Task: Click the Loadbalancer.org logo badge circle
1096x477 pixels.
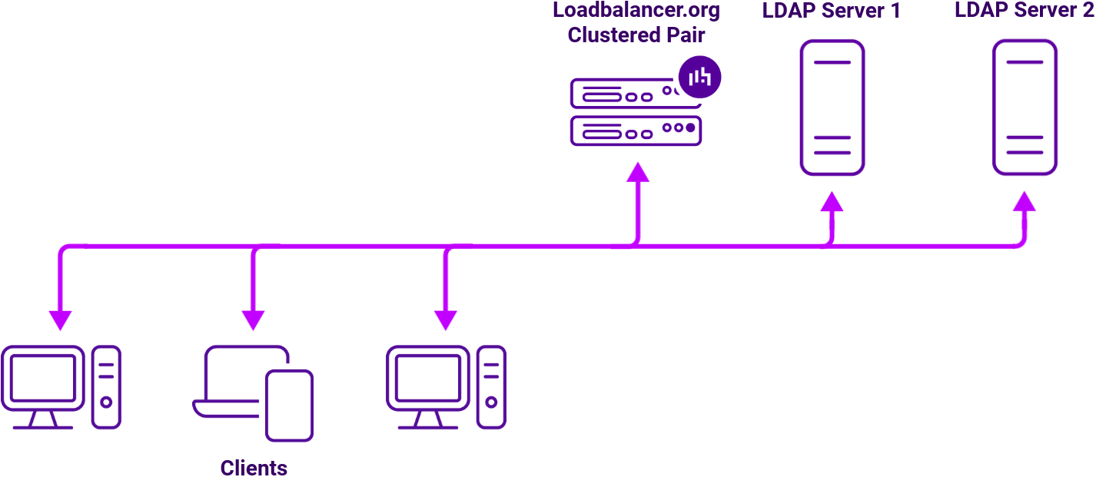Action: [x=700, y=77]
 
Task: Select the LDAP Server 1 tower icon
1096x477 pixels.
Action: [x=832, y=108]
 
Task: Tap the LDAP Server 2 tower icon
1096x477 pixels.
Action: [x=1025, y=108]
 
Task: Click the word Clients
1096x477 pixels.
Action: [x=254, y=467]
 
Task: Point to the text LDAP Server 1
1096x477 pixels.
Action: [x=831, y=12]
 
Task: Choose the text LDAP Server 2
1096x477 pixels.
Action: [x=1024, y=12]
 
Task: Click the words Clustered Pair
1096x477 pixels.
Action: [x=636, y=35]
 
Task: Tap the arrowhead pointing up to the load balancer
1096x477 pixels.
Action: [x=637, y=173]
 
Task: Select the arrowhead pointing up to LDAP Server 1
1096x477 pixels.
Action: [x=832, y=202]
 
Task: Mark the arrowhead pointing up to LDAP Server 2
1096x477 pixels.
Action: [x=1025, y=202]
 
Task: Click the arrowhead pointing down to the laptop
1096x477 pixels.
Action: [x=254, y=320]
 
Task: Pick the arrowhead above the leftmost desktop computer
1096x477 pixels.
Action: [x=61, y=320]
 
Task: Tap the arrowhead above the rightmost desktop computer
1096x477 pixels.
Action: [x=446, y=320]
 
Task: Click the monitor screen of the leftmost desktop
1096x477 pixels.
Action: [x=42, y=377]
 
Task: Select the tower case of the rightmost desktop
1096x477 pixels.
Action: [x=491, y=386]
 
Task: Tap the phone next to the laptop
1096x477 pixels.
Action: [x=289, y=405]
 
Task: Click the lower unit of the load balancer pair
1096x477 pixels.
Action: [x=636, y=131]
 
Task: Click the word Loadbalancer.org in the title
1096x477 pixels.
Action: [x=636, y=12]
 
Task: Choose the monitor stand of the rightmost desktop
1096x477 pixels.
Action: [x=427, y=420]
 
